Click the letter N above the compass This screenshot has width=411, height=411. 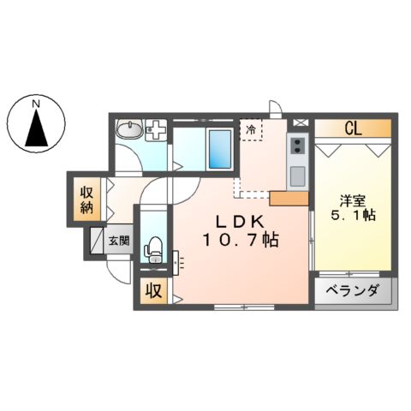click(36, 104)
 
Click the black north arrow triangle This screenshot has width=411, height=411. click(36, 130)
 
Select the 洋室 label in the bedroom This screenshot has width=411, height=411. click(353, 201)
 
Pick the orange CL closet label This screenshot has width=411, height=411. click(352, 129)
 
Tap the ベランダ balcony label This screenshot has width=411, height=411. click(353, 291)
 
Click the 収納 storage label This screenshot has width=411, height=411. click(86, 198)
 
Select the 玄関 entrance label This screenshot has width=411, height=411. click(118, 241)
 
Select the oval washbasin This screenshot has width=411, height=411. click(131, 131)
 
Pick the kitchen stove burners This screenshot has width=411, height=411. click(299, 145)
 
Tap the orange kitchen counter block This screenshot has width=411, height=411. click(289, 199)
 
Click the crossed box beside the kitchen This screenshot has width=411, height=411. click(299, 122)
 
